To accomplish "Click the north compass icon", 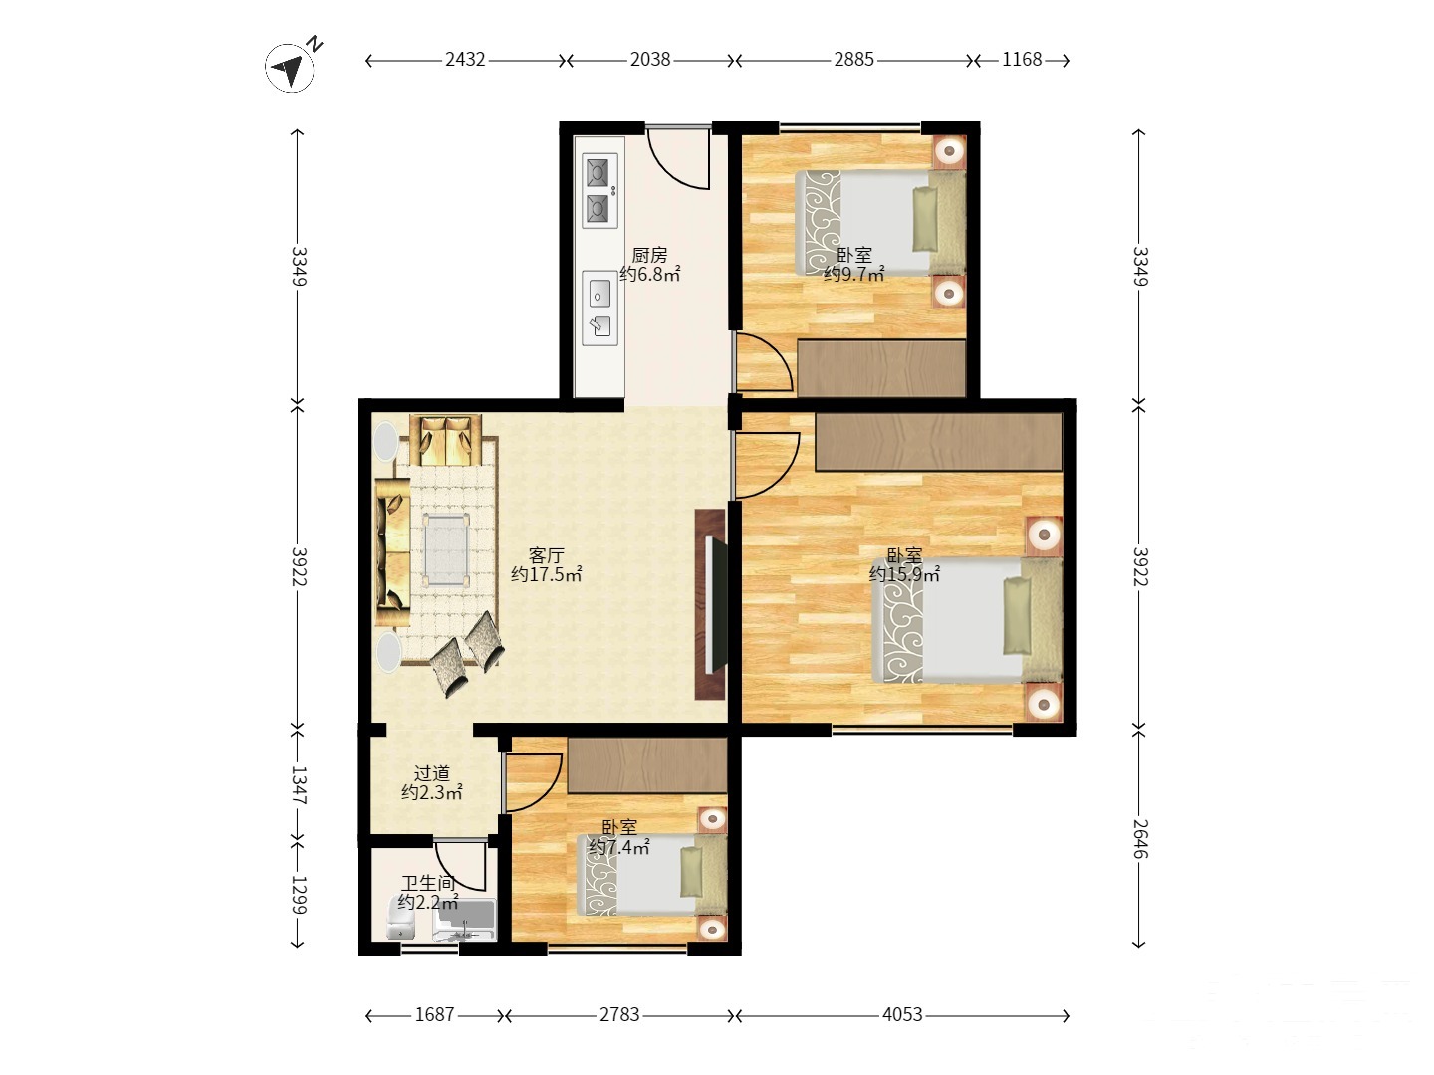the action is click(290, 67).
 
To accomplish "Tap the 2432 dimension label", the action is click(465, 60).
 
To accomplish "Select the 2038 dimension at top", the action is click(650, 60).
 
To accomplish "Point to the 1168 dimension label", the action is click(1022, 60).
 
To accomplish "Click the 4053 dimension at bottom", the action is click(902, 1014).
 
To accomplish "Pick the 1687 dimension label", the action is click(434, 1014).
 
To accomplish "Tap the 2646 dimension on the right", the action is click(1139, 839).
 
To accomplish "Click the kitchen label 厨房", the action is click(649, 255).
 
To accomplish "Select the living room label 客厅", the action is click(546, 555).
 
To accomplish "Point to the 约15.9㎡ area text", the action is click(904, 574).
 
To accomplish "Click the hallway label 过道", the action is click(432, 773).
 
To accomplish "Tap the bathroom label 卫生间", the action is click(428, 883).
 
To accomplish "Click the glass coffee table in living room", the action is click(447, 547).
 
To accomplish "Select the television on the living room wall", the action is click(716, 604).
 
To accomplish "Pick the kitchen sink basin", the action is click(599, 295).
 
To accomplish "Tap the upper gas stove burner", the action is click(597, 173).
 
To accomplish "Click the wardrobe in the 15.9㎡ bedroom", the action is click(938, 441).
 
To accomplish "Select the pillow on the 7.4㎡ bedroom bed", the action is click(690, 871).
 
